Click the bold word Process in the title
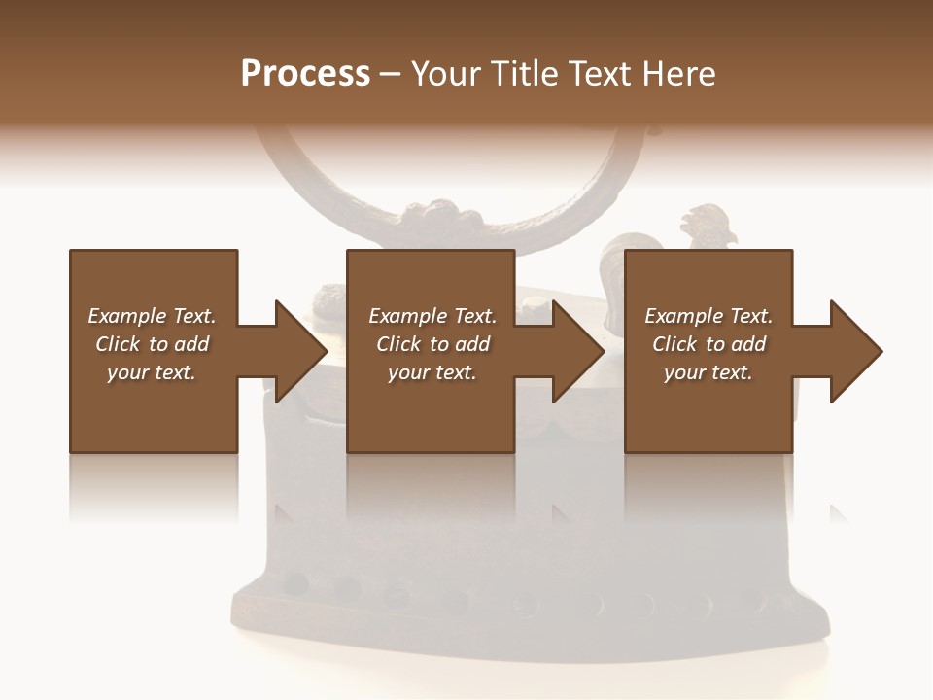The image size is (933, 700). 305,74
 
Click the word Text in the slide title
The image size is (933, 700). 598,74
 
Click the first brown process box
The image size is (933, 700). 154,408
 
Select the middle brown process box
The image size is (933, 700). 431,408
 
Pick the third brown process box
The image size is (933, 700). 708,408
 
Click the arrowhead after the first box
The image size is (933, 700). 300,351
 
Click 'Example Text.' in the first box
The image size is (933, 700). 152,316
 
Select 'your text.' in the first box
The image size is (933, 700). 152,372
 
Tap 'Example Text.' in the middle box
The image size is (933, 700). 432,316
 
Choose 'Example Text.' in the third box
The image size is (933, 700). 708,316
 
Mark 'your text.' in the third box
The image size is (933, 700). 708,372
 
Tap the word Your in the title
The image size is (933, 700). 443,74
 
